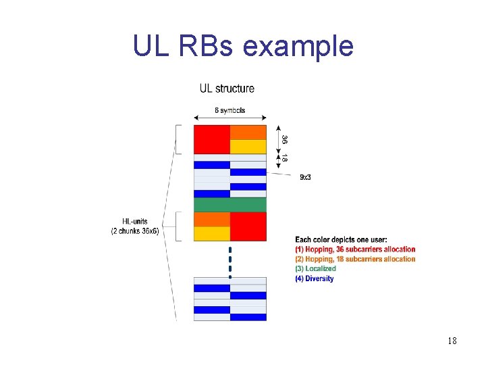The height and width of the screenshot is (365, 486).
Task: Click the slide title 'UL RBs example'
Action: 243,46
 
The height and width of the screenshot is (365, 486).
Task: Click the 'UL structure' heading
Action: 227,89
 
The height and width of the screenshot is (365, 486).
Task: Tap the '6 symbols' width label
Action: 230,110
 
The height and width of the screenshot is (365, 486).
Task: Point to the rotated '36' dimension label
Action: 285,139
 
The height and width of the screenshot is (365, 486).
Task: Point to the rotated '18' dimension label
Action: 285,158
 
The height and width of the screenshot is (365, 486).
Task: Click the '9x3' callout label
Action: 305,177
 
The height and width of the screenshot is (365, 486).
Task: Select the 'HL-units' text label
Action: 135,222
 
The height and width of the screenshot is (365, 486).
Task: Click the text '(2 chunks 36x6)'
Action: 135,231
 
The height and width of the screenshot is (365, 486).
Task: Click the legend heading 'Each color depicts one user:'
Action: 341,239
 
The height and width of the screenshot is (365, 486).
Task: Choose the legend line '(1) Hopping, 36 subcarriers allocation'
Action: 355,249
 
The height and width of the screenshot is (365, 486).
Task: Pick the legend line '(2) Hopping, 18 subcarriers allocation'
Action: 355,259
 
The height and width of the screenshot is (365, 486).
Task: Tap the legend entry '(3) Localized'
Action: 315,268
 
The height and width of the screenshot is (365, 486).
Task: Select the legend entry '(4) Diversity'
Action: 315,278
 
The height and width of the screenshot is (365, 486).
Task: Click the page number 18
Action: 452,341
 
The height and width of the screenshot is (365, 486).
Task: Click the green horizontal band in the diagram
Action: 230,205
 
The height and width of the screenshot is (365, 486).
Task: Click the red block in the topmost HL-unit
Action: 211,139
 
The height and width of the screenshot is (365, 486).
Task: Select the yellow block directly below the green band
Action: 211,234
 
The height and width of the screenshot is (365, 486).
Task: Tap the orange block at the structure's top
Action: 248,132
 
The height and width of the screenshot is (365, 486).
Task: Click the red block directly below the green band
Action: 248,226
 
